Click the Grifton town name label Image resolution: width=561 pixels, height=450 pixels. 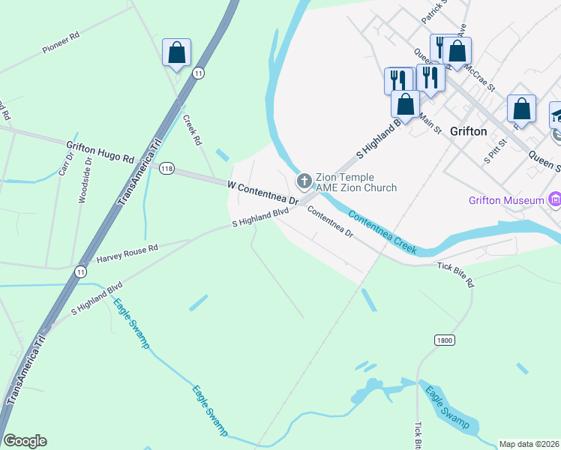[x=468, y=131]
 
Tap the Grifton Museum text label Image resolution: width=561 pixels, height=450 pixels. [x=505, y=200]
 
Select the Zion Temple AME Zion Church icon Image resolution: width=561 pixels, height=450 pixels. [x=304, y=180]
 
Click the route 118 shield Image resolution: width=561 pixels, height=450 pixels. [x=166, y=169]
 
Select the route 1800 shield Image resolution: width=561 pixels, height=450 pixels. [x=444, y=340]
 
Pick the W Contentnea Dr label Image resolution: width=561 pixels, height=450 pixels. [x=263, y=192]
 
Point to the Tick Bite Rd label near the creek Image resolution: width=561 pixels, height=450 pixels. [x=456, y=275]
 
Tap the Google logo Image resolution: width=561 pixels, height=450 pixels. [x=25, y=441]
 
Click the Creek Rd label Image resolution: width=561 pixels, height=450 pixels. [x=193, y=130]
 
